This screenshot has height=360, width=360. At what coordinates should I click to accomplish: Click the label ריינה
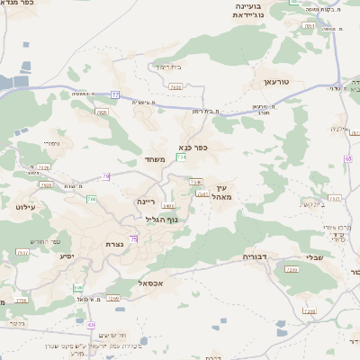click(148, 202)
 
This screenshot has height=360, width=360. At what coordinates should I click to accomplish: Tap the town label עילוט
click(24, 207)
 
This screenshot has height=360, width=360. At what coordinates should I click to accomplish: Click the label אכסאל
click(150, 283)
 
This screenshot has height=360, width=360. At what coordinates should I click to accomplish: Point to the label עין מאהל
click(223, 191)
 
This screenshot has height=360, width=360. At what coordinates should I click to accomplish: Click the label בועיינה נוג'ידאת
click(252, 9)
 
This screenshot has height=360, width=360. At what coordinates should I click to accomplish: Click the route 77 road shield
click(115, 94)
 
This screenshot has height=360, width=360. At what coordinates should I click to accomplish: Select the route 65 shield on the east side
click(347, 158)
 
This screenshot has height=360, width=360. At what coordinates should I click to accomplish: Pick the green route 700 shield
click(92, 199)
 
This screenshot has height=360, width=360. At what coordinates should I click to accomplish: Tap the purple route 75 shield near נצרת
click(134, 238)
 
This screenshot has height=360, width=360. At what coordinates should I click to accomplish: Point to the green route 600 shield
click(78, 287)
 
